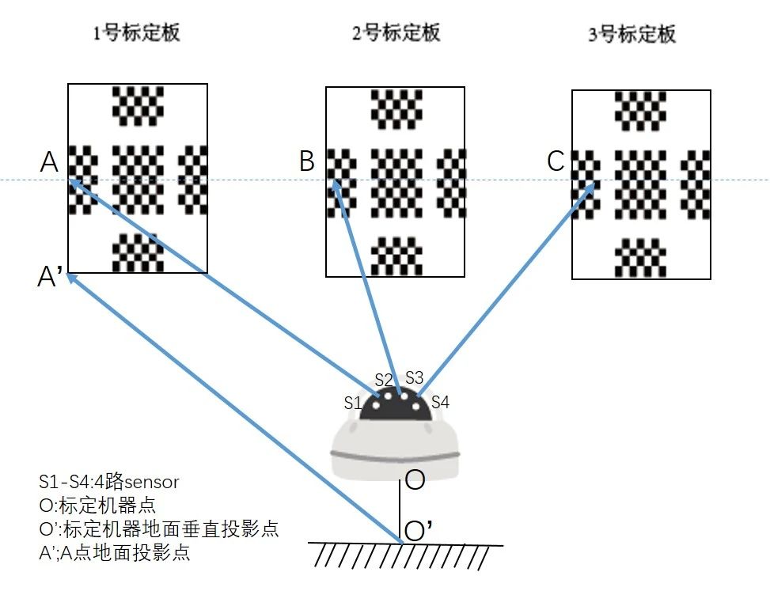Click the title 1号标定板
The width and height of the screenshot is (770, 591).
click(x=137, y=32)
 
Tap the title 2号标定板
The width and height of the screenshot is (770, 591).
click(x=396, y=32)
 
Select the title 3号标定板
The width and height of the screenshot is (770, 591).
click(x=632, y=35)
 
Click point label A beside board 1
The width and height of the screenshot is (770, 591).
click(x=50, y=162)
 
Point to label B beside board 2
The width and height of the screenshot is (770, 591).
click(x=307, y=162)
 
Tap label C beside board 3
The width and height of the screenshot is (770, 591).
click(x=556, y=161)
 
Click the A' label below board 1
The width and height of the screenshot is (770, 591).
click(x=50, y=278)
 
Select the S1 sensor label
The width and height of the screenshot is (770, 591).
click(x=353, y=402)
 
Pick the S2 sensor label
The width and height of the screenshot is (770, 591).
click(x=384, y=380)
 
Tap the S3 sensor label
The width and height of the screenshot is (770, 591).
click(x=415, y=377)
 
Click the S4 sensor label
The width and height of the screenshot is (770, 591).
click(x=440, y=402)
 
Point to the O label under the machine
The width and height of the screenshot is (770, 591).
click(x=415, y=479)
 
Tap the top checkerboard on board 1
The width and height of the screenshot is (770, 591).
click(x=138, y=105)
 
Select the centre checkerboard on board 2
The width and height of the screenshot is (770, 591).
click(x=396, y=183)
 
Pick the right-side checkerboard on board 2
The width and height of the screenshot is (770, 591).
click(x=451, y=183)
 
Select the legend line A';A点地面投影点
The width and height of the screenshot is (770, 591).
click(x=114, y=552)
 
